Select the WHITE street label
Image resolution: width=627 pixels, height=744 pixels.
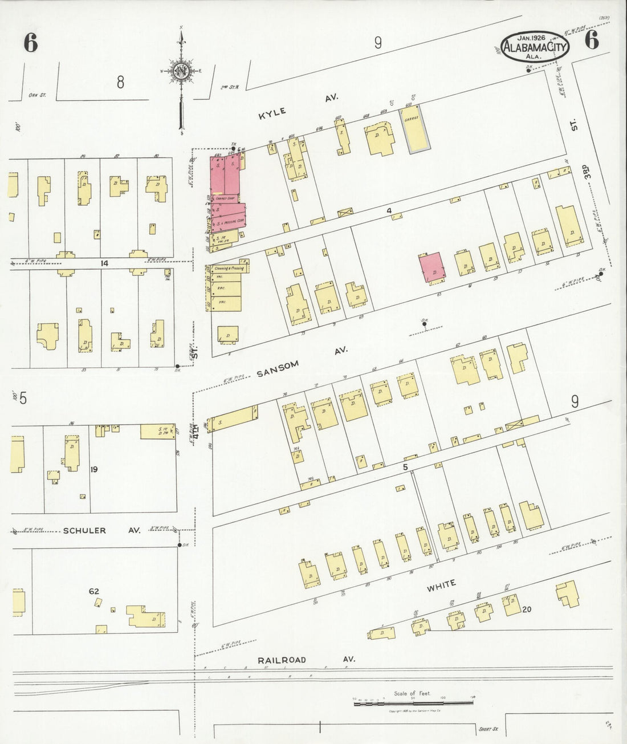442,583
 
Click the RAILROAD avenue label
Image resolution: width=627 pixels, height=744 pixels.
282,660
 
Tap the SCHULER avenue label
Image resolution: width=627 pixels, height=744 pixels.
84,530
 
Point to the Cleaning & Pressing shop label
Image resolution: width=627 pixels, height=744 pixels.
229,267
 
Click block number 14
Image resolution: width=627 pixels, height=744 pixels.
104,263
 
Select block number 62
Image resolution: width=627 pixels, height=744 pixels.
94,591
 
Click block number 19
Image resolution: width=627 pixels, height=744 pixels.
94,469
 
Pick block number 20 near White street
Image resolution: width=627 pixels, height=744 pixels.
527,609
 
